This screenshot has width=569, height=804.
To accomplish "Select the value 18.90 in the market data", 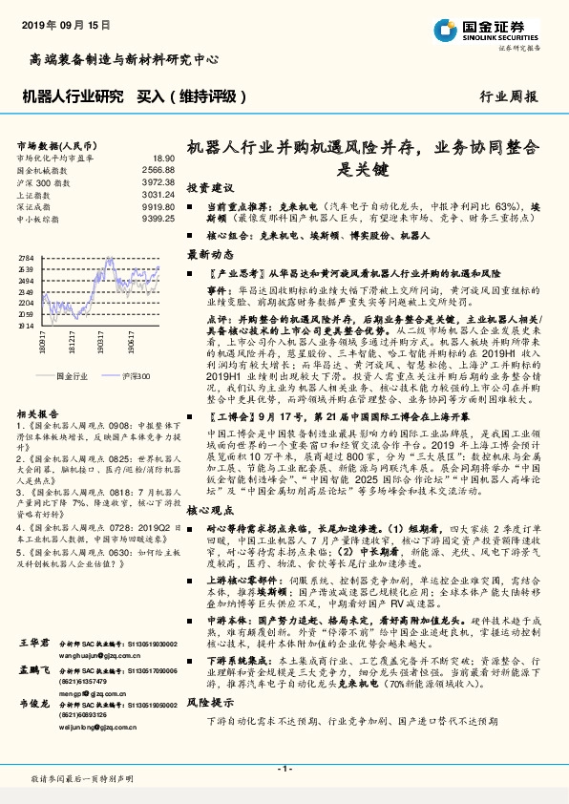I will (163, 158).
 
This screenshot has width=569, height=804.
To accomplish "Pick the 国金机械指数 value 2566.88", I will (158, 169).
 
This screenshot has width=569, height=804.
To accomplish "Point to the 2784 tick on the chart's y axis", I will (26, 259).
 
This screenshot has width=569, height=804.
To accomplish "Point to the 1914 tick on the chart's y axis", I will (26, 325).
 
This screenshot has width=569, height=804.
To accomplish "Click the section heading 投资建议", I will (209, 187).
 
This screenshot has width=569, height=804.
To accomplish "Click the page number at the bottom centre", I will (284, 768).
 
